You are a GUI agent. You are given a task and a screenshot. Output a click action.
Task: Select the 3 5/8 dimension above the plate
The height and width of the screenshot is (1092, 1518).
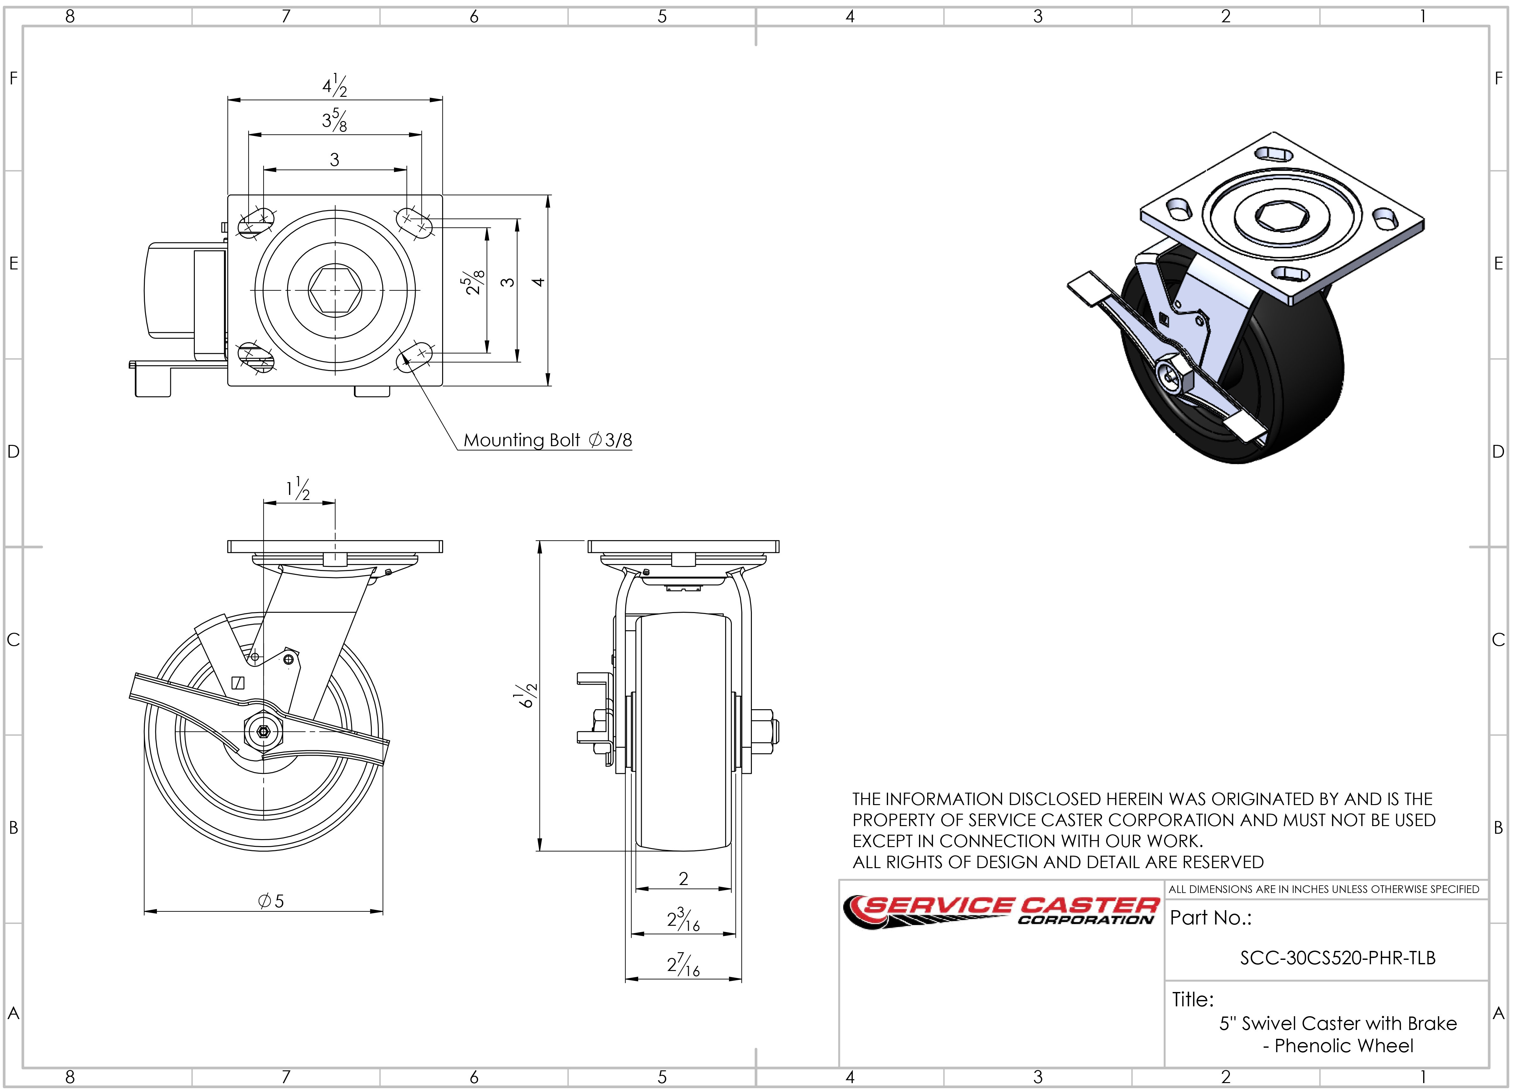pos(335,120)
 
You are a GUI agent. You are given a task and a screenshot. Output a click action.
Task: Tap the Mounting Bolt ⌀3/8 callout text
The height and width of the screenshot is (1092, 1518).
pos(547,440)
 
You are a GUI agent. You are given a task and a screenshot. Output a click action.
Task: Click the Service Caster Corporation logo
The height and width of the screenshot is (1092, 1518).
pos(1001,912)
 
